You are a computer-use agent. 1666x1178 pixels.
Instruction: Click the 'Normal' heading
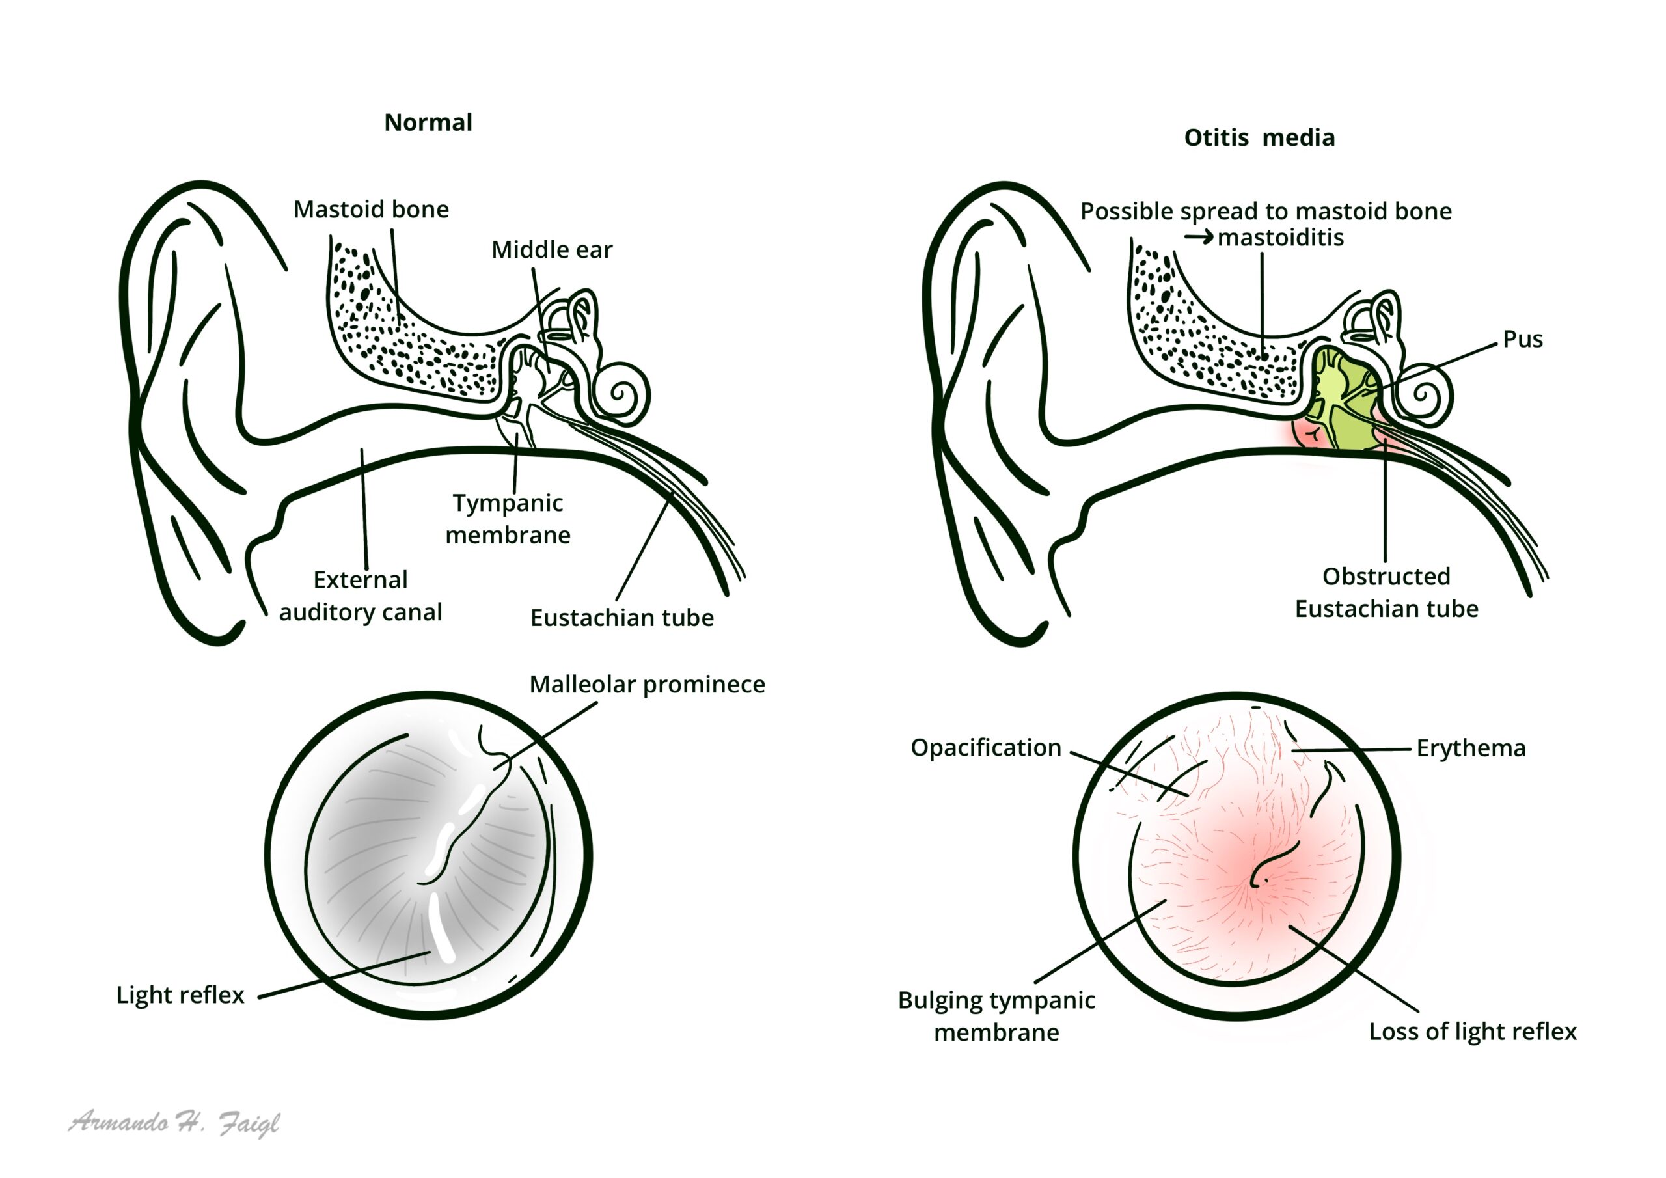point(428,122)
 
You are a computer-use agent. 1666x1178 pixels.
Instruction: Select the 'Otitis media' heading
point(1259,137)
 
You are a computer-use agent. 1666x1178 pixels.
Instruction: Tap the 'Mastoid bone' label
point(371,209)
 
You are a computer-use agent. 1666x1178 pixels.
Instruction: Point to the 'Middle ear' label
point(551,250)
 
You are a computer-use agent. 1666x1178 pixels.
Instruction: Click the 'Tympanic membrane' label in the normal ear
point(508,518)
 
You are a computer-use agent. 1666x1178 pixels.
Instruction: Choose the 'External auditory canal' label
point(361,595)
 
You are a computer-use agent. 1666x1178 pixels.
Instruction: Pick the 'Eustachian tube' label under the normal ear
point(622,618)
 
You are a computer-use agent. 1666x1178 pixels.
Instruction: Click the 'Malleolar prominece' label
point(646,684)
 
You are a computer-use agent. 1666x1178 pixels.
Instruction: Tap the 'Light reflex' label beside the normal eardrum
point(180,994)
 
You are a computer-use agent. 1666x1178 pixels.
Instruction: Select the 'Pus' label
point(1522,339)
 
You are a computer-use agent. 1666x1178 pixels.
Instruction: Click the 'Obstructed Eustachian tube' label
point(1386,592)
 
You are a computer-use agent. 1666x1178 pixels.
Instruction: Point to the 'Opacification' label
point(985,748)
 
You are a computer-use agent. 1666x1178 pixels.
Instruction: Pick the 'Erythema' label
point(1471,748)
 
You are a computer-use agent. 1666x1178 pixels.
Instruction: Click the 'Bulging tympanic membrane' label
point(996,1015)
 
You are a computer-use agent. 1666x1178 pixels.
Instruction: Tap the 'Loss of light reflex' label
point(1472,1031)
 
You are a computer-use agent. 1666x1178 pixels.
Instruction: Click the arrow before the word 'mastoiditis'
point(1198,238)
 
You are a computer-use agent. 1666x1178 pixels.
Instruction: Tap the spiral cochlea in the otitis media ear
point(1424,396)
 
